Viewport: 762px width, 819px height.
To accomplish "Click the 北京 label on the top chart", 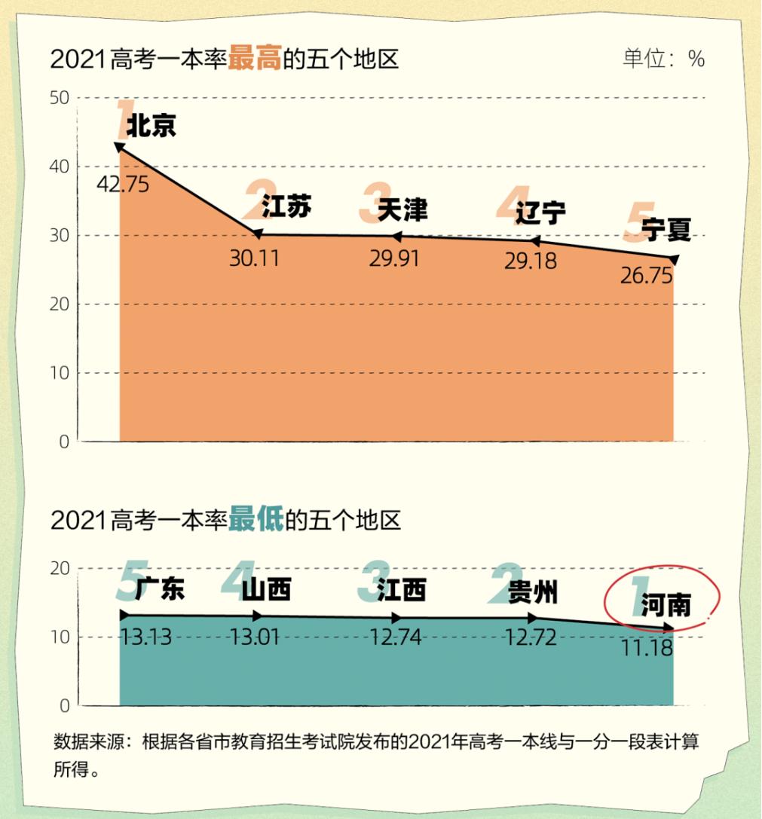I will [151, 126].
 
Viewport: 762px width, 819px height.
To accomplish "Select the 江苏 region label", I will [286, 206].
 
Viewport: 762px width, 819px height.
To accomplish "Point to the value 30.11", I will [254, 258].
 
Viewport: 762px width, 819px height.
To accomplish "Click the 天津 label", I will [402, 210].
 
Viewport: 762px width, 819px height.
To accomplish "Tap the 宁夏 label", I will [666, 230].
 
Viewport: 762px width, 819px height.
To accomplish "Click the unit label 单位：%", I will [663, 59].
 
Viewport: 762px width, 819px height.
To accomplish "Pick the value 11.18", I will [647, 646].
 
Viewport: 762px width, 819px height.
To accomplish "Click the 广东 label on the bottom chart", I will [160, 589].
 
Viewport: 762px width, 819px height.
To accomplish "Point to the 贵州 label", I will [533, 592].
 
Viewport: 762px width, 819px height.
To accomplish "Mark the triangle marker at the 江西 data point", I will [397, 618].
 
